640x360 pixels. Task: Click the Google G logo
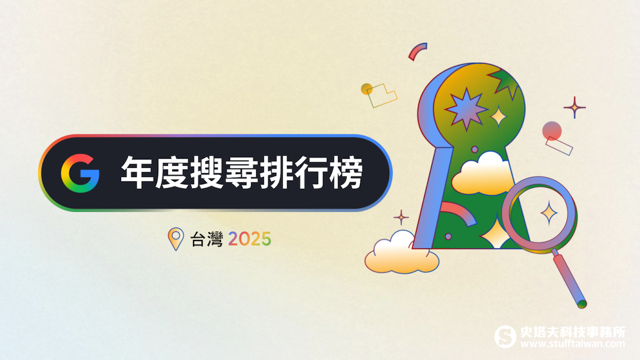click(80, 173)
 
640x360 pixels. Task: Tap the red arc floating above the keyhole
click(417, 51)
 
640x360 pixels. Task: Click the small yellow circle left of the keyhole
click(366, 89)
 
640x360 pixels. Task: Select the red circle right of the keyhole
click(552, 131)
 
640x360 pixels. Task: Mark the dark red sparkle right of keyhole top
click(574, 108)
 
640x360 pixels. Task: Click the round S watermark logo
click(505, 337)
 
